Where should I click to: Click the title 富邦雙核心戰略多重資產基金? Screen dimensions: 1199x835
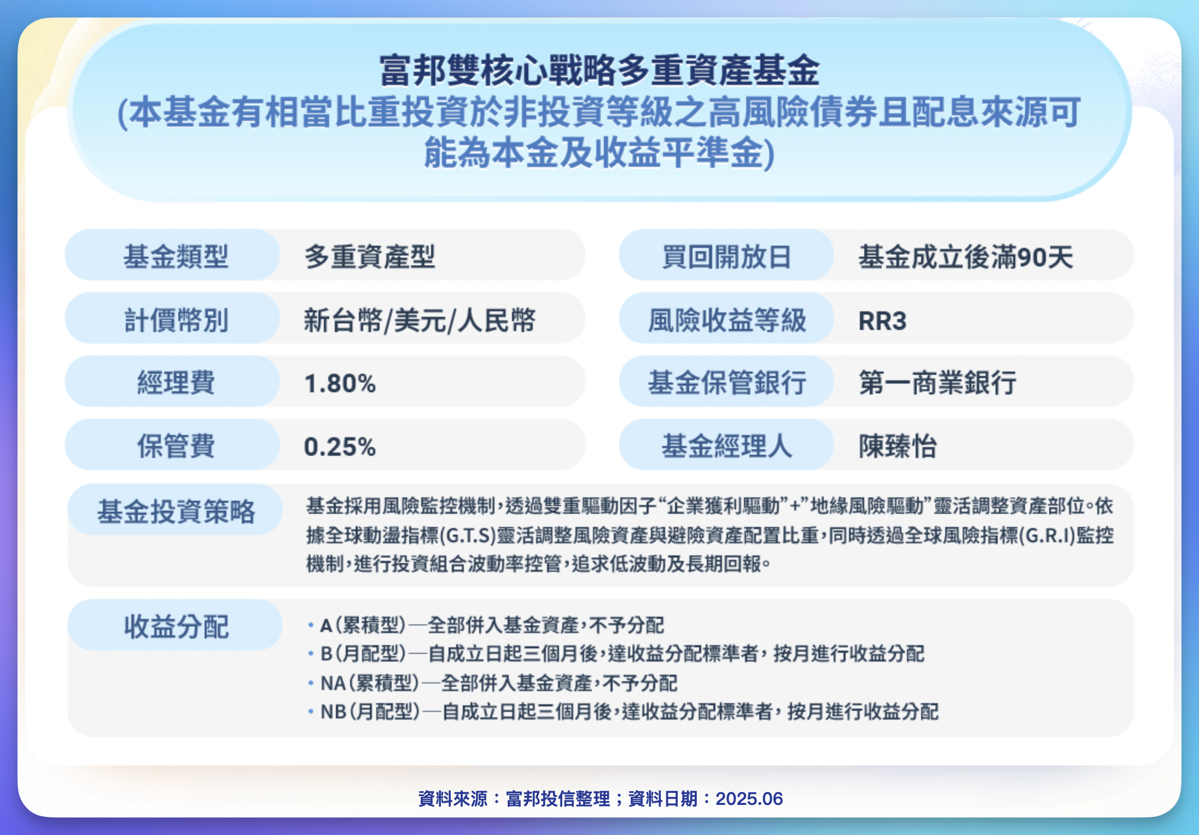pos(599,71)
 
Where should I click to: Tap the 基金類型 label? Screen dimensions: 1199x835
pos(176,256)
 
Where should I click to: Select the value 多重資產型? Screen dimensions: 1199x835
pos(370,256)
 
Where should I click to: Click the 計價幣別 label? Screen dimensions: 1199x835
pos(176,320)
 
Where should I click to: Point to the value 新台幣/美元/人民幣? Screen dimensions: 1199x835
pos(420,320)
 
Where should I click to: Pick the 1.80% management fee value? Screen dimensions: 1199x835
pos(340,383)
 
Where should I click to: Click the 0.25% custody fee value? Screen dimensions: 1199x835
pos(340,447)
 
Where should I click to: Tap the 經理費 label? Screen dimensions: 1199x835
pos(176,382)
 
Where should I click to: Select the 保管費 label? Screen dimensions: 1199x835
pos(176,446)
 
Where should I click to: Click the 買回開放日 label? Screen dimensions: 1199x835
pos(726,256)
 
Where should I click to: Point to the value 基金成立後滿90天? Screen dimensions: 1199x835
pos(965,256)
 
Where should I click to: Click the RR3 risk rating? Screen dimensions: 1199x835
pos(882,321)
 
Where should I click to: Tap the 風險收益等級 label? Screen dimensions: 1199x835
pos(726,320)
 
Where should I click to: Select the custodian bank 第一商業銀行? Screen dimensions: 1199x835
pos(938,382)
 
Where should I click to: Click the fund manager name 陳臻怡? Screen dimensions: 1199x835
pos(898,446)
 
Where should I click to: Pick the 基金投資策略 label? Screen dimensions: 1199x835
pos(176,512)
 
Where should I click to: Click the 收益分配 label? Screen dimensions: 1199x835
pos(176,627)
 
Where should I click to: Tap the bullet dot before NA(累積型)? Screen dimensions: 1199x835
pos(311,683)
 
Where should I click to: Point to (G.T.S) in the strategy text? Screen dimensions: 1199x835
pos(468,536)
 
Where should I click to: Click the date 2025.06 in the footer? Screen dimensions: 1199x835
pos(749,799)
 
